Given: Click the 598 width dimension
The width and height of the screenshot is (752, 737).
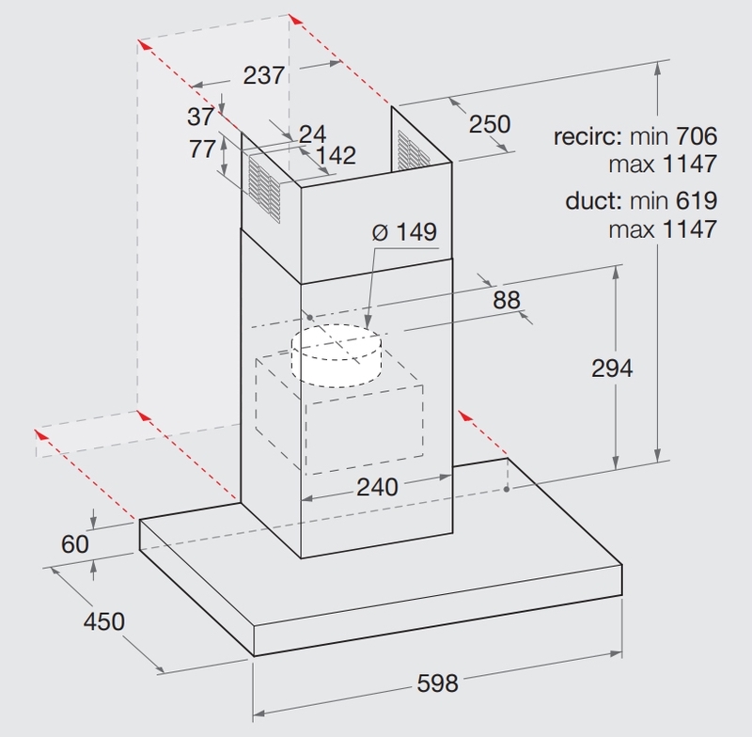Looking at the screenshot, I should point(437,683).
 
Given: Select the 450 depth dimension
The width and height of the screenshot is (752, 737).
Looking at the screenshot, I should point(102,621).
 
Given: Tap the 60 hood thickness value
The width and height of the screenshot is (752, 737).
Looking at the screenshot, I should point(75,544).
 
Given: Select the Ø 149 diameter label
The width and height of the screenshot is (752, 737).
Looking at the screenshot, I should point(405,232).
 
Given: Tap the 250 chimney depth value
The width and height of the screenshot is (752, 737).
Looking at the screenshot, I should point(490,124).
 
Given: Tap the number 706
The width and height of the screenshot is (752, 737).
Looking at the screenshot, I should point(696,138).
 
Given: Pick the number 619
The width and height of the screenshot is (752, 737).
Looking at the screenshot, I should point(696,199).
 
